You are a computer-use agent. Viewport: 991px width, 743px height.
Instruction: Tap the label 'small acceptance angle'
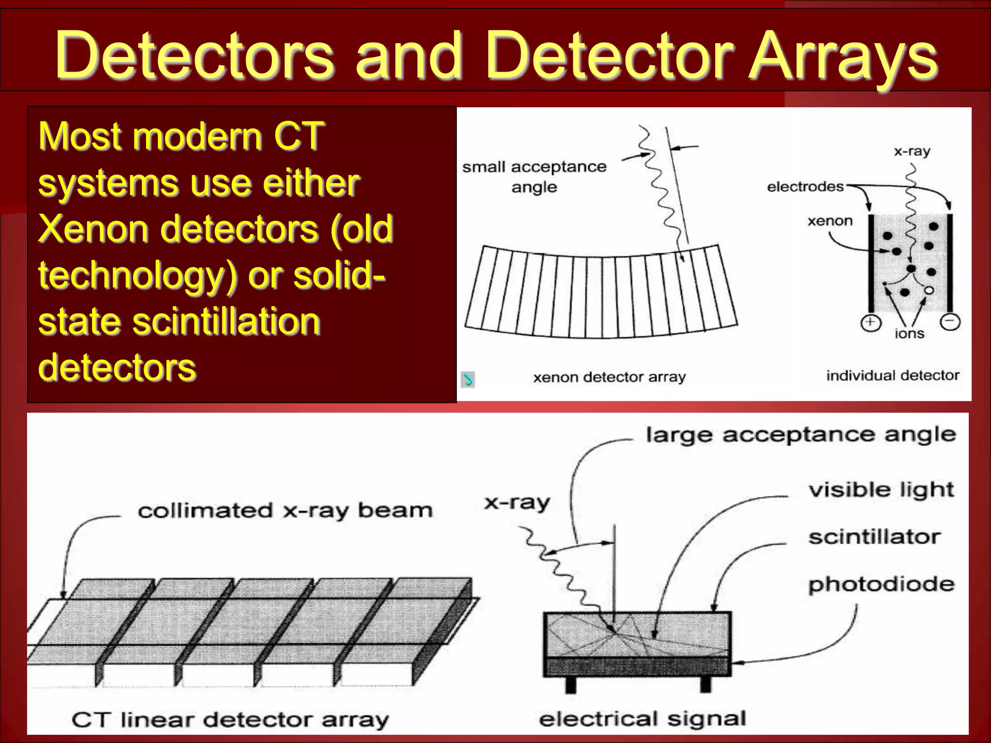[x=534, y=177]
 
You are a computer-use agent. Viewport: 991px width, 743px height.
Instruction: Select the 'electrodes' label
[x=805, y=187]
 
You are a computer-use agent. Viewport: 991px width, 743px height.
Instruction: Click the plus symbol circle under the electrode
[x=871, y=323]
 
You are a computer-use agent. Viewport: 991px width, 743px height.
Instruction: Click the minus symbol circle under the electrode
[x=950, y=322]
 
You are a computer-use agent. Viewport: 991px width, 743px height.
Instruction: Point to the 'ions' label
[x=909, y=334]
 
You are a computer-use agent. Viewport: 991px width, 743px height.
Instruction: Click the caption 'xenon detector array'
[x=609, y=377]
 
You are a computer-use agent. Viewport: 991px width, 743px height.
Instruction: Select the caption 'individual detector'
[x=892, y=375]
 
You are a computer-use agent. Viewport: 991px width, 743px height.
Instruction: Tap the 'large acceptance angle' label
[x=801, y=435]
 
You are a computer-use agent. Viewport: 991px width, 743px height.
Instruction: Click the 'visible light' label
[x=881, y=490]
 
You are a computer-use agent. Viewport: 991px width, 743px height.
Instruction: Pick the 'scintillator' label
[x=874, y=537]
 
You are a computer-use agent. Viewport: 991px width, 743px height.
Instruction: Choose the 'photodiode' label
[x=881, y=584]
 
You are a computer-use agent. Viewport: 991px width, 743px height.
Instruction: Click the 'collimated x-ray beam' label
[x=285, y=511]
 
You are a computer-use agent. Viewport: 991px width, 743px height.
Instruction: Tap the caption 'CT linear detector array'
[x=230, y=720]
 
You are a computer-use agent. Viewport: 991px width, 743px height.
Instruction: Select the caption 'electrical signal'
[x=642, y=719]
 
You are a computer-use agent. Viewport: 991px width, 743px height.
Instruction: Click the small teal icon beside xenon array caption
[x=468, y=379]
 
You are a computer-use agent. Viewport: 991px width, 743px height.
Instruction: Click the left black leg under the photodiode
[x=571, y=684]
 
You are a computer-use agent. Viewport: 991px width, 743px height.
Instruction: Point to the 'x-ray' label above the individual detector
[x=912, y=151]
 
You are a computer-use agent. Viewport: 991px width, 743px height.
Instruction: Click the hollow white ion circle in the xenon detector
[x=929, y=290]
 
